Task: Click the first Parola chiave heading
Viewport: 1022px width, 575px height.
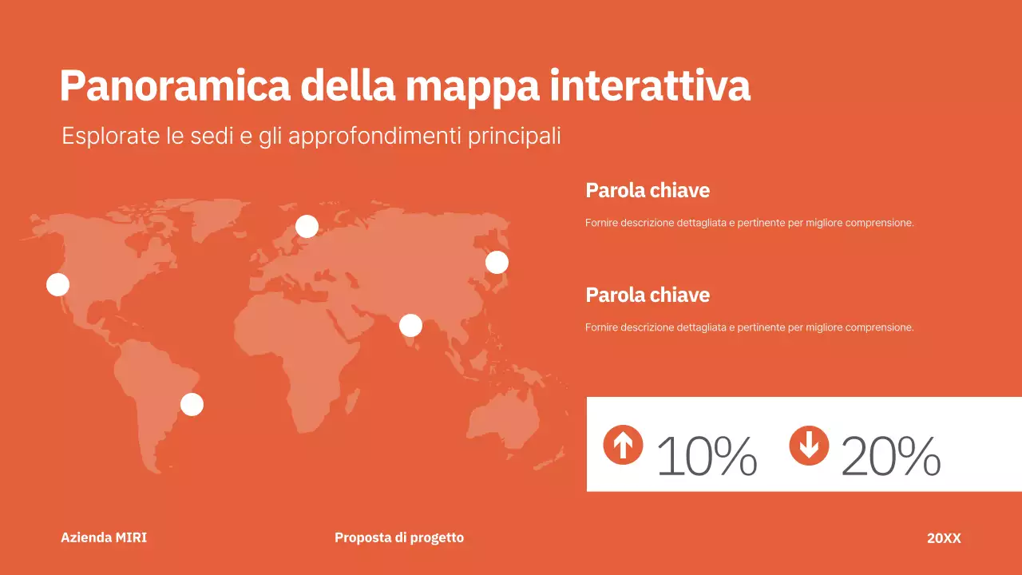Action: click(648, 190)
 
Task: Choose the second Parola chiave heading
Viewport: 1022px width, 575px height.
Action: click(648, 295)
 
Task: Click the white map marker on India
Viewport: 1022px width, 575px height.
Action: click(410, 325)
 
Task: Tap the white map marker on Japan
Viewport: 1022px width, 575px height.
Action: click(497, 262)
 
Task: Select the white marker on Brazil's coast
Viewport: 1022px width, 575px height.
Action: click(192, 404)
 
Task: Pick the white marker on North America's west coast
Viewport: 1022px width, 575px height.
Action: click(57, 284)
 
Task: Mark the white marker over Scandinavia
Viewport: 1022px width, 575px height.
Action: click(307, 227)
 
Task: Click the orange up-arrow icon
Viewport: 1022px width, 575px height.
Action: click(623, 445)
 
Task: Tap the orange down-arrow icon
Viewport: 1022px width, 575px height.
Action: click(809, 445)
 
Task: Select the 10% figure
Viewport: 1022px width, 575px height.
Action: click(707, 457)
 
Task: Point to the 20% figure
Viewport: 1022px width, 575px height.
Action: click(890, 457)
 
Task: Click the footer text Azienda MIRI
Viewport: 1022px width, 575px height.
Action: click(104, 537)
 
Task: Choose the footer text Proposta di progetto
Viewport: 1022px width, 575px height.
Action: click(399, 537)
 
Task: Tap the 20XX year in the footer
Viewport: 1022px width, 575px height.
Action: click(944, 538)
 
